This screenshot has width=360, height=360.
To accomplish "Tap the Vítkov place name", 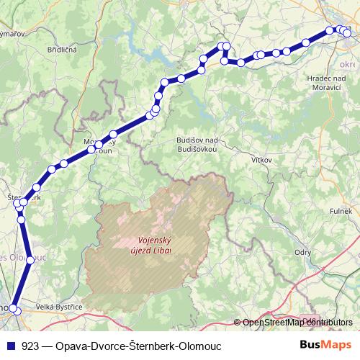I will point(261,158).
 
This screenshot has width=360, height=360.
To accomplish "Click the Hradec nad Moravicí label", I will point(310,81).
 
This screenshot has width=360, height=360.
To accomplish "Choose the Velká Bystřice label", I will point(60,307).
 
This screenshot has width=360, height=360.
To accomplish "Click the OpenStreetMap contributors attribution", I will point(297,322).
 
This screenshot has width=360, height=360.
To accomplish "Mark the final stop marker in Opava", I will point(348,32).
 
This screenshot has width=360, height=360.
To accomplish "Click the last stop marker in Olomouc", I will point(16,310).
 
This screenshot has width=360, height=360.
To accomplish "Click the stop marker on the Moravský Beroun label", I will point(99,144).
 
